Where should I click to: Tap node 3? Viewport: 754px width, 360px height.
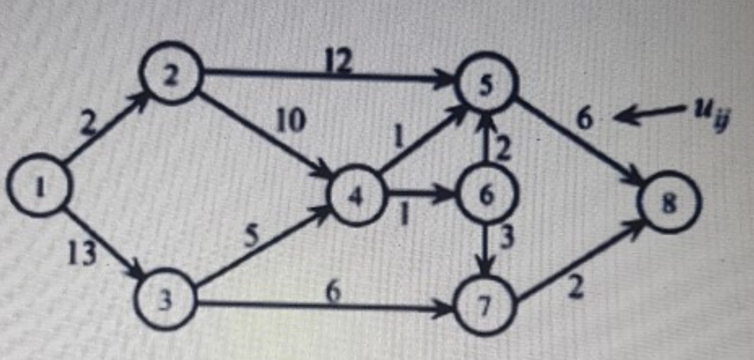(x=166, y=301)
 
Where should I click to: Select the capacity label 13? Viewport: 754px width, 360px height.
(x=82, y=255)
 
